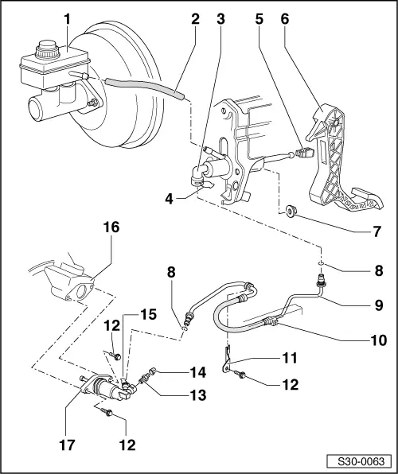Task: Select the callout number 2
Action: pyautogui.click(x=194, y=17)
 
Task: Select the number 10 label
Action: pyautogui.click(x=378, y=340)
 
